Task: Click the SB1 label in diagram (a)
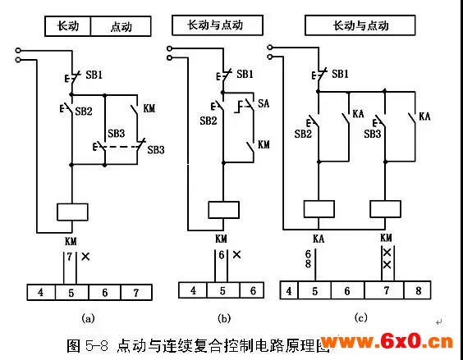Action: [x=94, y=75]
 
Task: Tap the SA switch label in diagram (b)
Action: [x=264, y=103]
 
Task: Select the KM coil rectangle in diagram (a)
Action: [x=72, y=212]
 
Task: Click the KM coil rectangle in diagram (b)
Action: [x=223, y=210]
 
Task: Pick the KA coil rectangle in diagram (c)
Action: [x=319, y=209]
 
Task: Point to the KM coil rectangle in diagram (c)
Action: [x=385, y=209]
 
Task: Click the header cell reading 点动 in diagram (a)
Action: [x=121, y=26]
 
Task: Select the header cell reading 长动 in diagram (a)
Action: [x=68, y=26]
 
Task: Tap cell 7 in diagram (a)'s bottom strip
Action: [x=136, y=293]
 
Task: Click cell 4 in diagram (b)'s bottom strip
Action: [x=193, y=290]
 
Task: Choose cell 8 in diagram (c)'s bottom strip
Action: [x=418, y=290]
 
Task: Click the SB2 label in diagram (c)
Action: [x=303, y=134]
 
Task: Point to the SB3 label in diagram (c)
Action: [x=373, y=134]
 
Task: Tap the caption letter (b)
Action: [x=223, y=318]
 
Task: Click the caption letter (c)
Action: [x=360, y=317]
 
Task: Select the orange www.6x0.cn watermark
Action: [x=387, y=342]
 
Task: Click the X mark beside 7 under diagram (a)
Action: [x=85, y=257]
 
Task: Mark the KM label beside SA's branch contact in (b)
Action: [x=264, y=144]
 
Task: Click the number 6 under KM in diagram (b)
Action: [x=222, y=255]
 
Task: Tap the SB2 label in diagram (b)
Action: [x=209, y=121]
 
